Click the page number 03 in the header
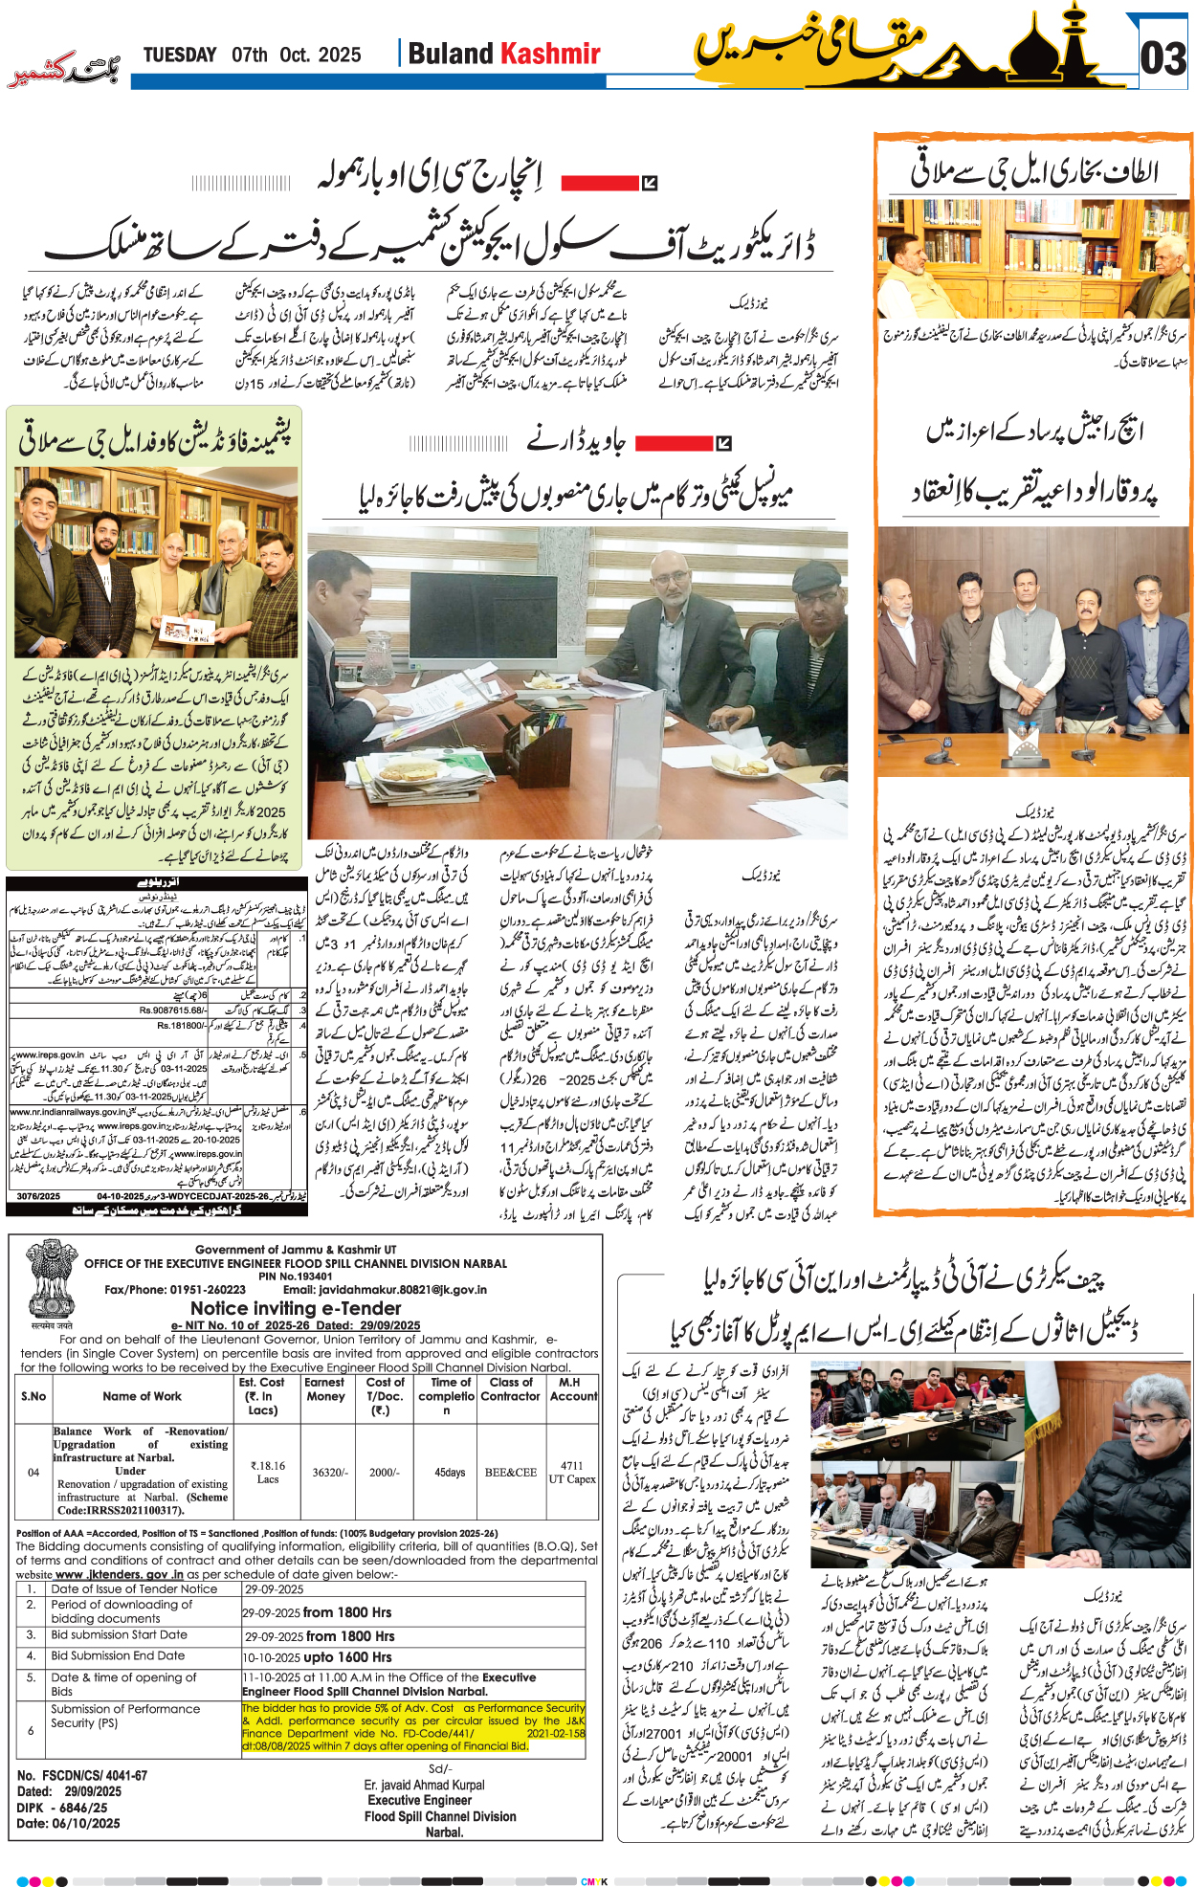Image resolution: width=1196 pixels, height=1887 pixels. coord(1163,58)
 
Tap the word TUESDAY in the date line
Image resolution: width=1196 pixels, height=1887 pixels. coord(180,55)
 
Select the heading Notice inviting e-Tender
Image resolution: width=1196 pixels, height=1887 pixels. coord(296,1308)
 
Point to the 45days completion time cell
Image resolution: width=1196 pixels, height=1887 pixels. coord(450,1472)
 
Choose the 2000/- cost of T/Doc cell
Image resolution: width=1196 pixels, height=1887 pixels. coord(385,1472)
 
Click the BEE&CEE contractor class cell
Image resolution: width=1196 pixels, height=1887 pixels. coord(510,1472)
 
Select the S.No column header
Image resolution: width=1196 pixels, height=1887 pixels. coord(33,1396)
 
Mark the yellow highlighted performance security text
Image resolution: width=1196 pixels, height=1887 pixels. coord(412,1726)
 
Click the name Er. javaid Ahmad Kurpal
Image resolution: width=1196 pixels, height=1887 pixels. coord(424,1785)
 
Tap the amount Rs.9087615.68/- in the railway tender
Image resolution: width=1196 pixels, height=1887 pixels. coord(172,1010)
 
